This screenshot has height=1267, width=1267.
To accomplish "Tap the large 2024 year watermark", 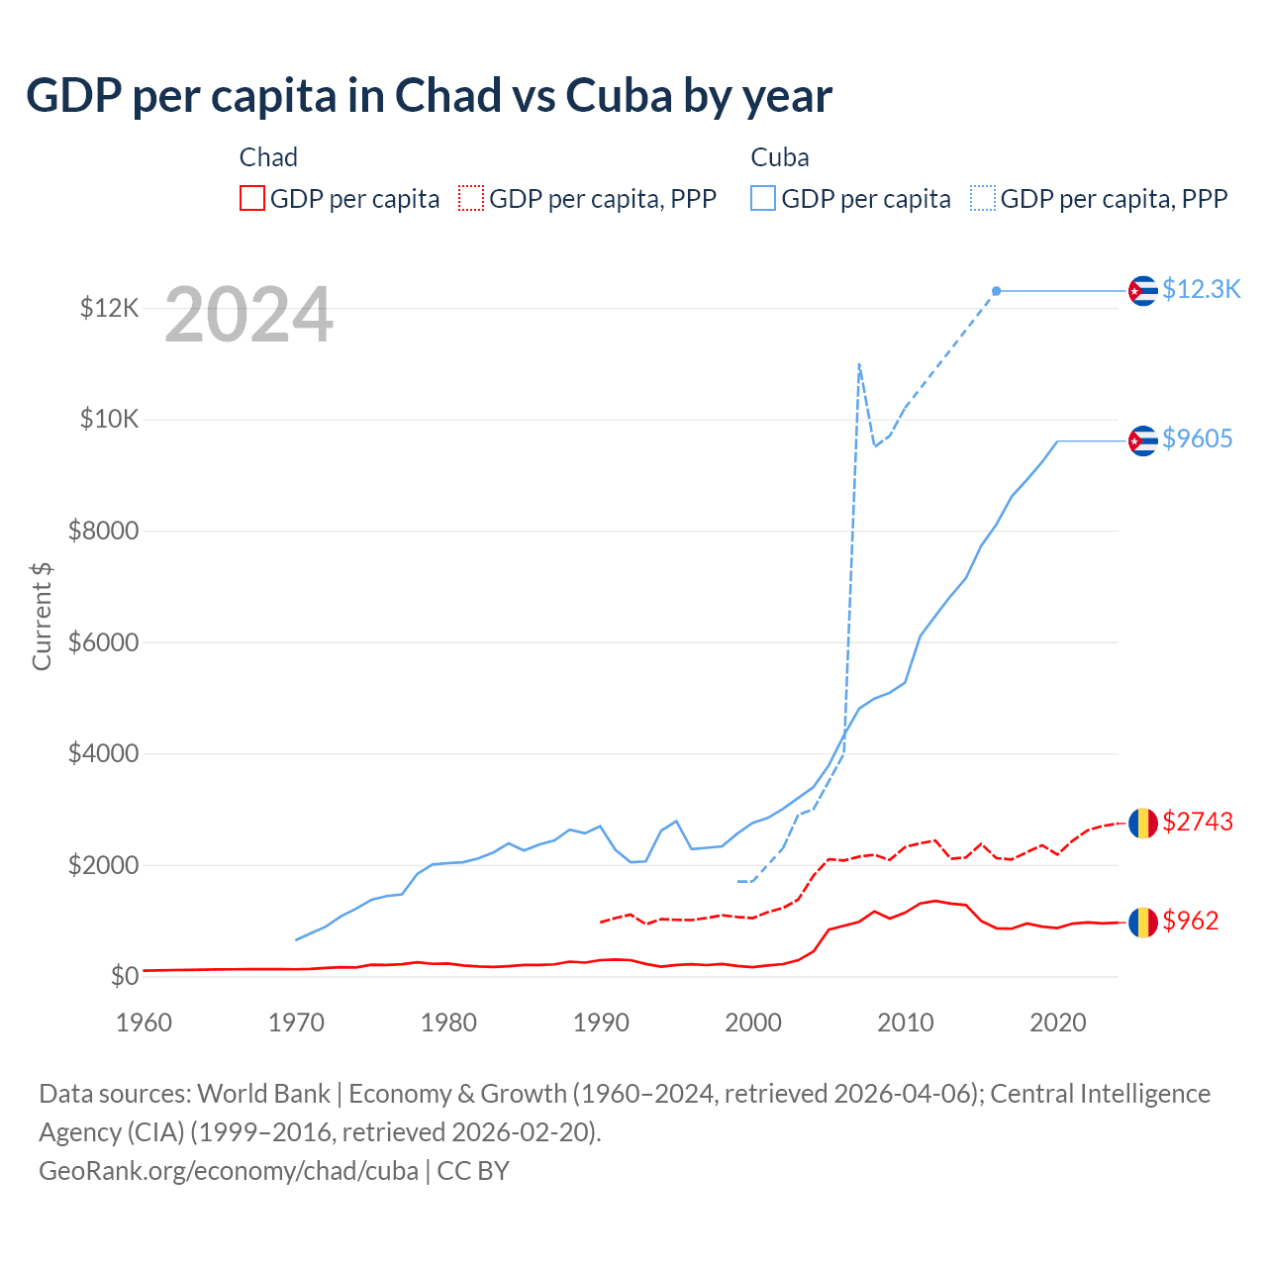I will (x=248, y=316).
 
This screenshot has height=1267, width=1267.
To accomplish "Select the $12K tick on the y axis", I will (x=109, y=308).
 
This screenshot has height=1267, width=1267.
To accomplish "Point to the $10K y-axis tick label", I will (x=109, y=419).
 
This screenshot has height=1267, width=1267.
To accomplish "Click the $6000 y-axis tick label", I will (x=103, y=642).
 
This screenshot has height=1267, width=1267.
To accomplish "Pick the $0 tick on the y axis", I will (x=124, y=976).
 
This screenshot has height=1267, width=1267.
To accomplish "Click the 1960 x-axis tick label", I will (x=145, y=1023).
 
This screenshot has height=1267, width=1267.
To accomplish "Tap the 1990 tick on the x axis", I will (x=601, y=1023).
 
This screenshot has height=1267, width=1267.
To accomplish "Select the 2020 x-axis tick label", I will (x=1058, y=1023).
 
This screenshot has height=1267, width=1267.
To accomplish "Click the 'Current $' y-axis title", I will (x=42, y=616).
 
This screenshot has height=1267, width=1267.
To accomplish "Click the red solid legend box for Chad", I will (x=252, y=198).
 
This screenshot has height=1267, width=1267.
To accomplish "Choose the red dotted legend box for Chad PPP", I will (x=471, y=198).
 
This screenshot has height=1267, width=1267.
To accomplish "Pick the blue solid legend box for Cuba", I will (x=763, y=198).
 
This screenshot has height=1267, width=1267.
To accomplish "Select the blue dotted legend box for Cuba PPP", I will (x=983, y=198).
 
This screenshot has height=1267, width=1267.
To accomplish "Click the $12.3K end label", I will (x=1201, y=289).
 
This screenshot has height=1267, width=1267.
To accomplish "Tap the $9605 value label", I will (x=1198, y=439).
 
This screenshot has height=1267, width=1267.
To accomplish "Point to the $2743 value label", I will (x=1198, y=822).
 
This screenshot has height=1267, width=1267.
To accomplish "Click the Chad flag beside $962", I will (x=1143, y=923).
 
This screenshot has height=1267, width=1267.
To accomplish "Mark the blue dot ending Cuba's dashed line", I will (x=997, y=291).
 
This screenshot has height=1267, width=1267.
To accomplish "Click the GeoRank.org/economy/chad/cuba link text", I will (x=229, y=1171).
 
